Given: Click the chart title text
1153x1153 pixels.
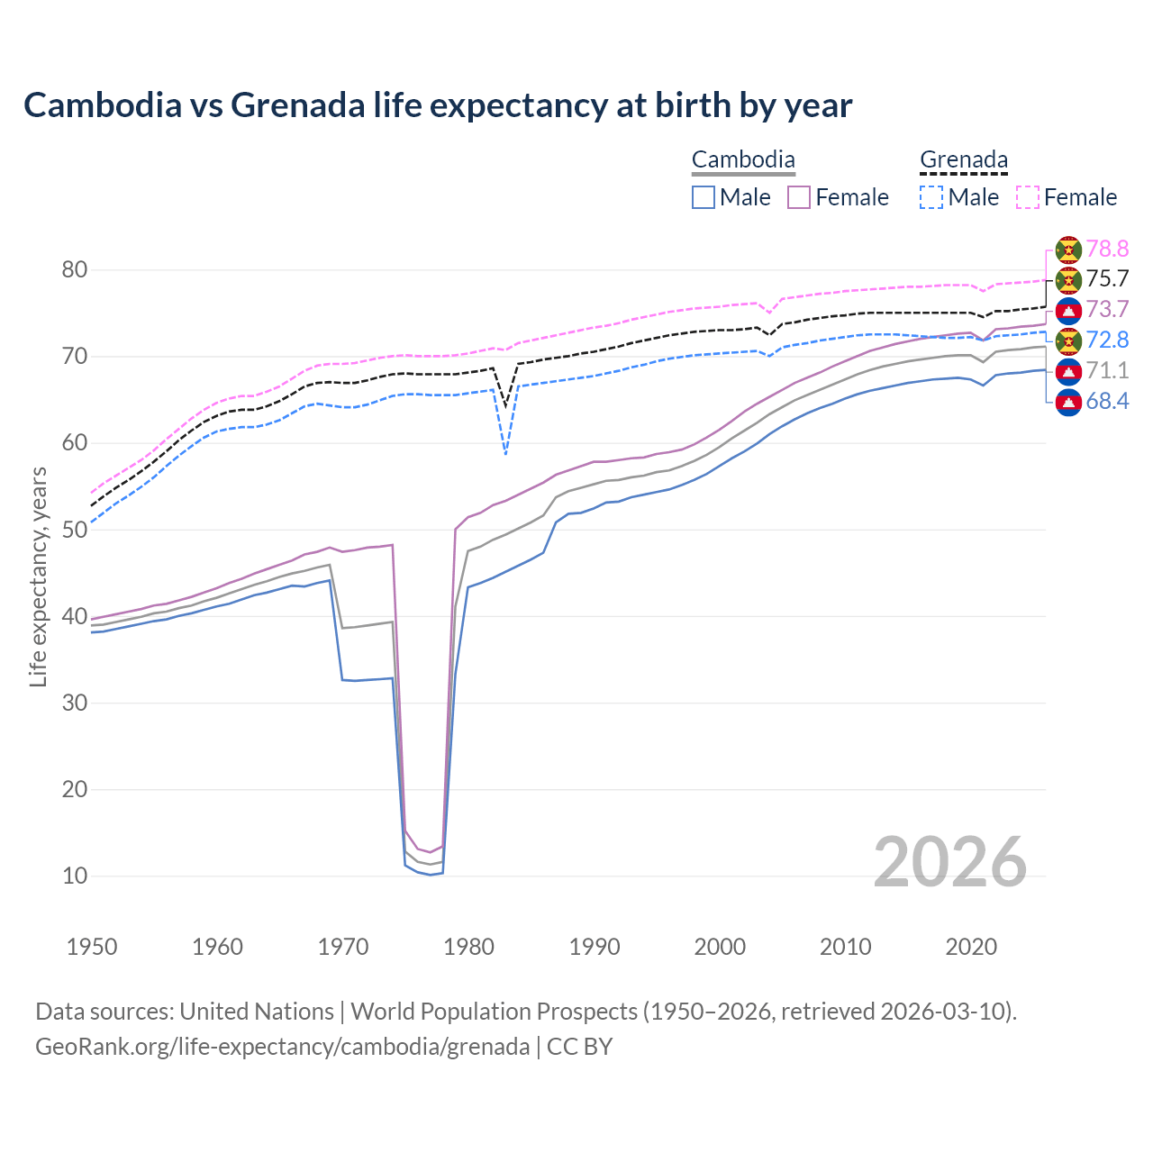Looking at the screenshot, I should pos(438,105).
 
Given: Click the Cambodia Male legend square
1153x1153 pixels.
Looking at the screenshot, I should pos(704,197).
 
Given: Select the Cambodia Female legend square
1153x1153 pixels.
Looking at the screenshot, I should pos(799,197).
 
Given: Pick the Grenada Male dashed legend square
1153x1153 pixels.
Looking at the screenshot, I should pos(931,197).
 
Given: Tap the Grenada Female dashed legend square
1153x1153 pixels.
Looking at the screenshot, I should pos(1027,197).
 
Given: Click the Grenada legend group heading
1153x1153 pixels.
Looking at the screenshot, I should pos(963,160).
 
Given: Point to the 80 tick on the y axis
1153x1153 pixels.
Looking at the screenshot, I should pos(75,269).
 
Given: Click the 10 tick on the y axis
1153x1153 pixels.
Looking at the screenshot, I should pos(75,876).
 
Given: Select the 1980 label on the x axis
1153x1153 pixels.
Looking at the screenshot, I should pos(468,947).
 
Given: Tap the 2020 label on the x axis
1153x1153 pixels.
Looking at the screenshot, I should pos(971,947).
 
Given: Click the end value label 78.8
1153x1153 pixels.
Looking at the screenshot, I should pos(1107,249).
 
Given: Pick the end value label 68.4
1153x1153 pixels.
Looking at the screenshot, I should pos(1107,402).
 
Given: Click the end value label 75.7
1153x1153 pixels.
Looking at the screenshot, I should pos(1107,279).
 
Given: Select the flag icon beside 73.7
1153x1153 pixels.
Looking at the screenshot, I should pos(1068,311).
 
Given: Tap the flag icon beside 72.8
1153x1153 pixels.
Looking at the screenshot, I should pos(1068,341).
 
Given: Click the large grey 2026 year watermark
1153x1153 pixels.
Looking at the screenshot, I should pos(949,862).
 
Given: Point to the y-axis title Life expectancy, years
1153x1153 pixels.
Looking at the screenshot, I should pos(38,576).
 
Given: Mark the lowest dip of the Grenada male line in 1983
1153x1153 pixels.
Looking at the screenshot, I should pos(505,453).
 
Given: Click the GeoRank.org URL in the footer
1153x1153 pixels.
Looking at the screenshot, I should pos(282,1047).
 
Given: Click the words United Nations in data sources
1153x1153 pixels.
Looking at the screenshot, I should pos(257,1012).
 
